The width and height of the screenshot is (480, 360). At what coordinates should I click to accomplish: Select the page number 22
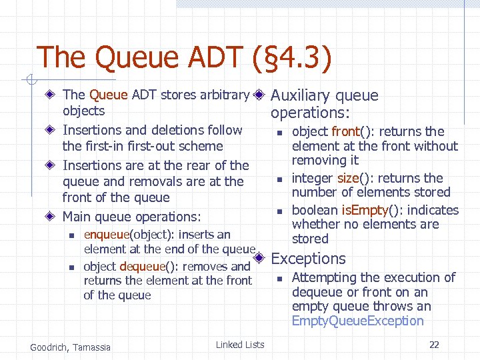tap(434, 345)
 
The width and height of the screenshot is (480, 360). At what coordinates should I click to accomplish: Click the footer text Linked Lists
tap(240, 345)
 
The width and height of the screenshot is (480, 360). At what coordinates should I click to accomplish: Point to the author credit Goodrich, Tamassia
tap(71, 347)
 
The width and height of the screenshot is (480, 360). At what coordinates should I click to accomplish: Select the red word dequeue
tap(143, 266)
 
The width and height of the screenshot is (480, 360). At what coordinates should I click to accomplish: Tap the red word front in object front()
tap(345, 131)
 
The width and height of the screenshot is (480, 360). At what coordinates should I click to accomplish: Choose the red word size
tap(348, 178)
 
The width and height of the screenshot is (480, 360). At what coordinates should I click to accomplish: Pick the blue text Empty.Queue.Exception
tap(357, 321)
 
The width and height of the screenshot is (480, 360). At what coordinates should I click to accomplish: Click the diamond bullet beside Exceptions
tap(260, 258)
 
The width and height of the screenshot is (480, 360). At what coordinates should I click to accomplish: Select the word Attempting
tap(324, 277)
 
